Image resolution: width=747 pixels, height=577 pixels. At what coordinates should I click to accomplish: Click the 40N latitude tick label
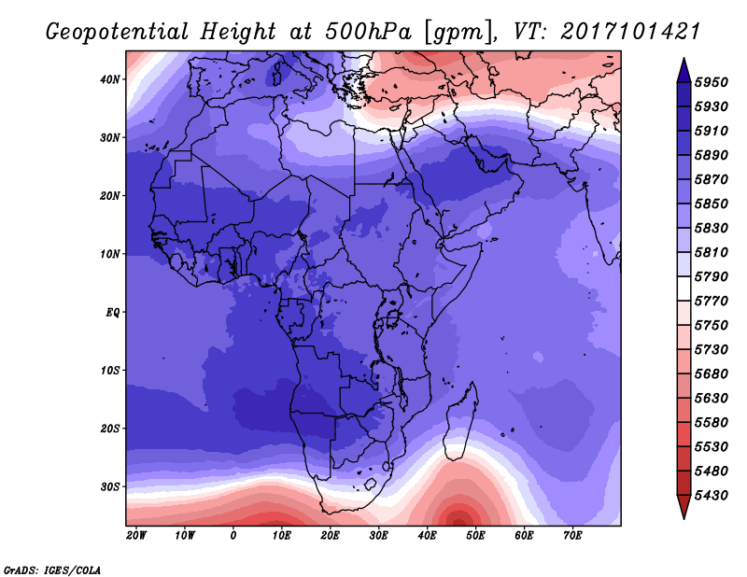pyautogui.click(x=110, y=79)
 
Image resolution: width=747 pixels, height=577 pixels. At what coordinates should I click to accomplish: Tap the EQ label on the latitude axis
pyautogui.click(x=113, y=313)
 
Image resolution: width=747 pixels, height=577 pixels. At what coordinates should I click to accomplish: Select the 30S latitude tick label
pyautogui.click(x=110, y=487)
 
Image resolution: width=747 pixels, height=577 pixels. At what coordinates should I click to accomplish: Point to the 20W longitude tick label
pyautogui.click(x=136, y=536)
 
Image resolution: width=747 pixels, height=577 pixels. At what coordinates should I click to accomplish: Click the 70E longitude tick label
pyautogui.click(x=572, y=536)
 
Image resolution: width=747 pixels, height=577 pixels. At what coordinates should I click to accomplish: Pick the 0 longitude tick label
pyautogui.click(x=233, y=536)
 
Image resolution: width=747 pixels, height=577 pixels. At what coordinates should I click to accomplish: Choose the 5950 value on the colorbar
pyautogui.click(x=712, y=82)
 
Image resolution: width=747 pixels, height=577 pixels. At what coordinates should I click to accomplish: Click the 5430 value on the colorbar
pyautogui.click(x=712, y=496)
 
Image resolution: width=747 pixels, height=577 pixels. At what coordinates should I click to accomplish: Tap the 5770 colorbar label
pyautogui.click(x=712, y=302)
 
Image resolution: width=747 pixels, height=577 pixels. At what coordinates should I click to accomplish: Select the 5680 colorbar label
pyautogui.click(x=712, y=374)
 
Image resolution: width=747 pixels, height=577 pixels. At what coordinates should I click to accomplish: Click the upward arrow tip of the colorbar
pyautogui.click(x=684, y=58)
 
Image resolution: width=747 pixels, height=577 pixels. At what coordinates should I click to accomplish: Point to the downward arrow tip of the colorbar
pyautogui.click(x=684, y=518)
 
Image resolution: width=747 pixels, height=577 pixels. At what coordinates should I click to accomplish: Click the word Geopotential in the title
pyautogui.click(x=118, y=33)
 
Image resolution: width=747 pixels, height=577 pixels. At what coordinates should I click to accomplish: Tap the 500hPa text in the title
pyautogui.click(x=368, y=32)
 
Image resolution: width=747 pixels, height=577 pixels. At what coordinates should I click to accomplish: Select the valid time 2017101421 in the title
pyautogui.click(x=630, y=32)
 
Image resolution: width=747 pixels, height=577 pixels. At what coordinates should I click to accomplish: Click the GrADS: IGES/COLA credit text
pyautogui.click(x=52, y=570)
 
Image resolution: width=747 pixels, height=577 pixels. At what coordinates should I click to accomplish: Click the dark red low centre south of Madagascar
pyautogui.click(x=458, y=519)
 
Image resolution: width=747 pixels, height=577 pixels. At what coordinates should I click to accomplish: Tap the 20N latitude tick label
pyautogui.click(x=110, y=196)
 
